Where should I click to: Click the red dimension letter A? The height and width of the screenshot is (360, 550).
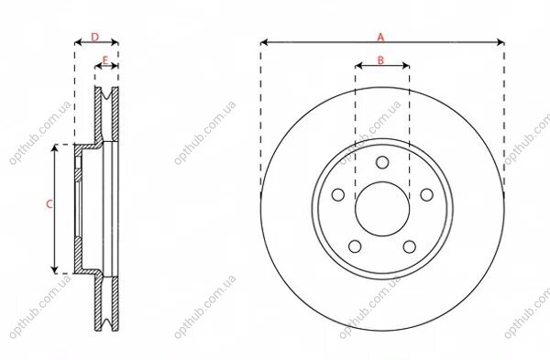point(380,37)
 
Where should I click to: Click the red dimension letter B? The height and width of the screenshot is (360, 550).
point(380,60)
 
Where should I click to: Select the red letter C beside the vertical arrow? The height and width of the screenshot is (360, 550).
point(49,204)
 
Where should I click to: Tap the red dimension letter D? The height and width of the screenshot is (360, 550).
point(95,38)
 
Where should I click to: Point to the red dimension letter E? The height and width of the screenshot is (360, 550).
point(104,60)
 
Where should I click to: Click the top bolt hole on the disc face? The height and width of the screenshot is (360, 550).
point(382,163)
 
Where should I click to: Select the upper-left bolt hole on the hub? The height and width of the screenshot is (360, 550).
point(338,195)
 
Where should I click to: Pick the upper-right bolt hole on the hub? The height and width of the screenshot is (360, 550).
point(426,195)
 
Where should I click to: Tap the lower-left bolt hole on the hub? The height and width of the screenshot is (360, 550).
point(355,246)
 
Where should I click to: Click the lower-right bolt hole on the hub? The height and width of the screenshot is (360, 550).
point(410,246)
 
